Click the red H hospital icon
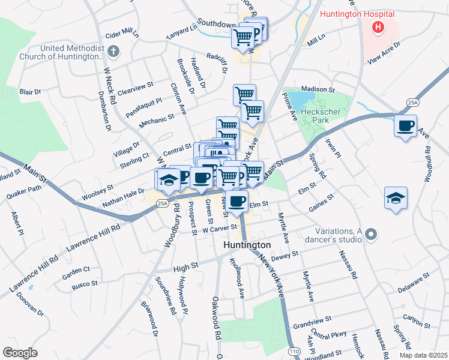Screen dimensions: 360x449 click(x=378, y=26)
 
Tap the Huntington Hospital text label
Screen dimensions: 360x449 click(x=357, y=13)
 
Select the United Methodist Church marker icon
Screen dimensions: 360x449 click(x=114, y=52)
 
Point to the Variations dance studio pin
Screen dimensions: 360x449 click(x=371, y=235)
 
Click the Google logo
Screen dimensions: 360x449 click(x=20, y=353)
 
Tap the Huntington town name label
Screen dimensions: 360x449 click(x=247, y=245)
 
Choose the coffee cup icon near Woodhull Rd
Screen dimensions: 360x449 click(x=406, y=126)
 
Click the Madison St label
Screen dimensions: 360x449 click(x=318, y=89)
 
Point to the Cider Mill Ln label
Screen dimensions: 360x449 click(x=122, y=35)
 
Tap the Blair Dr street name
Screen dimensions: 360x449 click(x=30, y=92)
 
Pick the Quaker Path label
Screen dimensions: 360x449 click(x=25, y=192)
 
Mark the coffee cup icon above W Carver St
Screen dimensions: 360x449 click(x=237, y=201)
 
